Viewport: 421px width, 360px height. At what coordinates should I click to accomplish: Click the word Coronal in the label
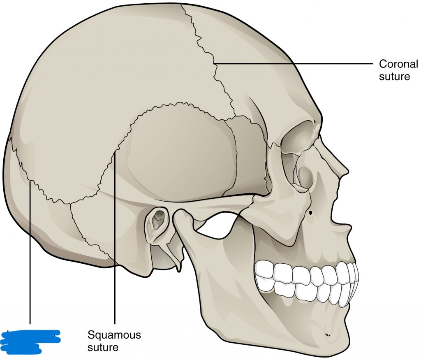[398, 64]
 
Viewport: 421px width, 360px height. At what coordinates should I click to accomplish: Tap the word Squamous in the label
[114, 335]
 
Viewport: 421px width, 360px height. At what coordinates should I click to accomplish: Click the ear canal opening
[157, 221]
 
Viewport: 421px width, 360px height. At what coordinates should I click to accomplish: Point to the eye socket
[298, 142]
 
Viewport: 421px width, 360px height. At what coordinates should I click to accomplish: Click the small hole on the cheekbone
[311, 213]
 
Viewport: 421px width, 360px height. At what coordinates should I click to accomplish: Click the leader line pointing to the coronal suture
[292, 63]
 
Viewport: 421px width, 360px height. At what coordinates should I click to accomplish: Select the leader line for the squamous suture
[115, 239]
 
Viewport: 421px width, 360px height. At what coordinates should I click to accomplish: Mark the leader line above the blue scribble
[30, 255]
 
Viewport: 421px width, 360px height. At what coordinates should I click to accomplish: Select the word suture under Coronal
[395, 77]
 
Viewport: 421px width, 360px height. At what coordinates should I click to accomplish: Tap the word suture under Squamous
[103, 347]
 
